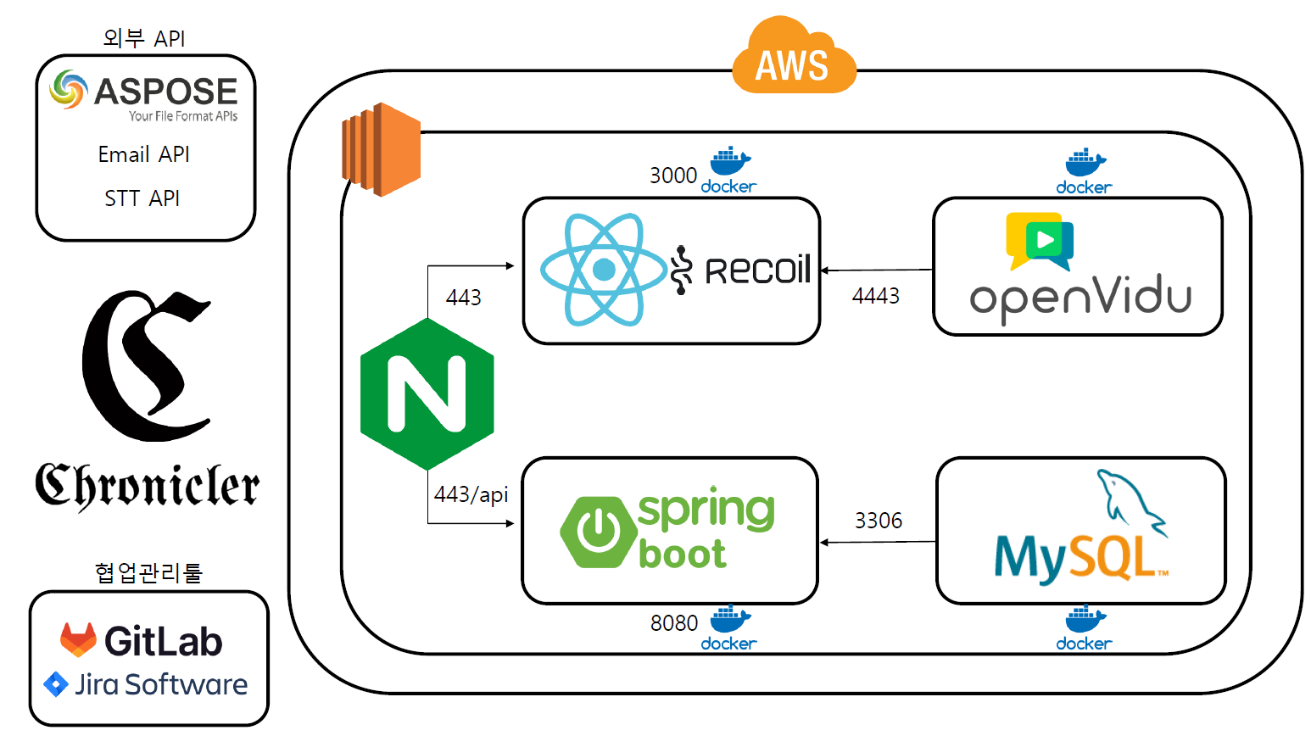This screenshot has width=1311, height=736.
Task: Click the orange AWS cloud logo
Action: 794,58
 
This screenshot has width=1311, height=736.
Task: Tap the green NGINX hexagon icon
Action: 427,393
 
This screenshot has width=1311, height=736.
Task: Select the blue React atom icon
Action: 603,270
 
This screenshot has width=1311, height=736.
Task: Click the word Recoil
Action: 757,270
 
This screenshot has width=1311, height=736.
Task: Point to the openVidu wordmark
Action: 1080,298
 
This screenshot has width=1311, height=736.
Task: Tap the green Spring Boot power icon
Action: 599,532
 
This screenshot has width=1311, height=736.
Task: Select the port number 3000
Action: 672,176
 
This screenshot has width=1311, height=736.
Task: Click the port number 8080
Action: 673,623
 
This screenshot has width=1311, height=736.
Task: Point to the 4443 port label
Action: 875,296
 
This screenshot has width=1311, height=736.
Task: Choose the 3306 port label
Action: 878,521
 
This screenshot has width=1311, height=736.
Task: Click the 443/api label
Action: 471,494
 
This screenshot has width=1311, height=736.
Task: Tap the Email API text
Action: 143,154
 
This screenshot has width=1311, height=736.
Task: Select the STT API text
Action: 142,198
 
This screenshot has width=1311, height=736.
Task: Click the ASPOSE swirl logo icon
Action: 68,90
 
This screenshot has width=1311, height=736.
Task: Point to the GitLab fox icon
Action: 78,640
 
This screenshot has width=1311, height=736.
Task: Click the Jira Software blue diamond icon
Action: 56,684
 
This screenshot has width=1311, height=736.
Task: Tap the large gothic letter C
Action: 145,365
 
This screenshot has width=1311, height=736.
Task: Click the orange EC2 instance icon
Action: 381,149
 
